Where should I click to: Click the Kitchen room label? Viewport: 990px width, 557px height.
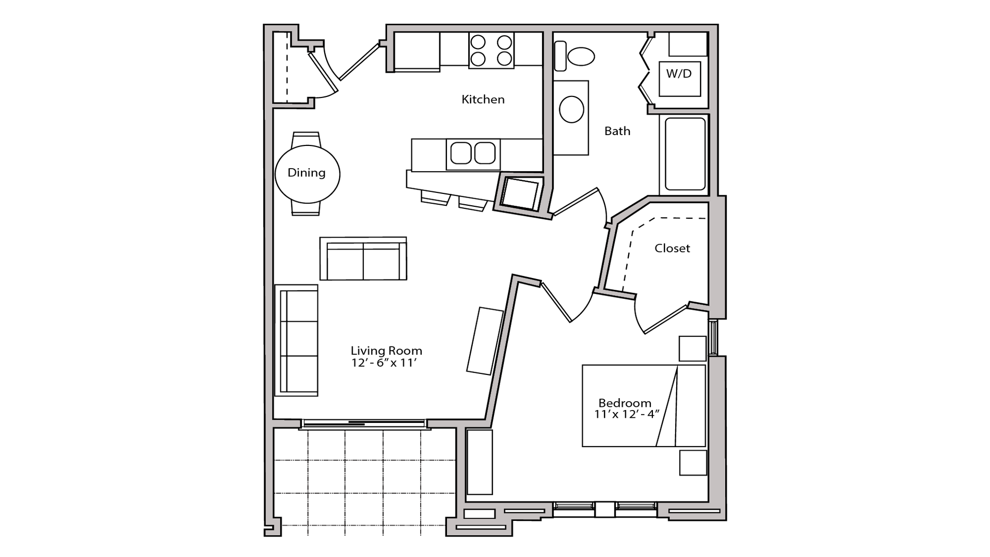click(x=483, y=99)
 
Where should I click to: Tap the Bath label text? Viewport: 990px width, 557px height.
click(x=617, y=131)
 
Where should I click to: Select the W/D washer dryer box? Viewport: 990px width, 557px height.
click(x=679, y=78)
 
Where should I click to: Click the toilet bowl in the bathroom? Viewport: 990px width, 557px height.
click(x=581, y=56)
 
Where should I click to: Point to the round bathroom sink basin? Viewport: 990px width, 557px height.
click(x=571, y=109)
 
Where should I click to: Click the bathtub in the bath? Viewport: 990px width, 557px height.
click(x=685, y=154)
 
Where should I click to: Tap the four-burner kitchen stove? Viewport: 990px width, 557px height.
click(x=491, y=50)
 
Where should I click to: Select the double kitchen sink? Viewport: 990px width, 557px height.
click(x=473, y=153)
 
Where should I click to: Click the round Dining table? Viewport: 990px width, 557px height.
click(x=307, y=174)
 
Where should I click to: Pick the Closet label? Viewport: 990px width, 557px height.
click(x=672, y=249)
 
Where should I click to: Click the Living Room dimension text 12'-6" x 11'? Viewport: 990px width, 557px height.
click(x=384, y=363)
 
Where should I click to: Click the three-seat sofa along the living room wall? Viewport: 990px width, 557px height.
click(x=296, y=340)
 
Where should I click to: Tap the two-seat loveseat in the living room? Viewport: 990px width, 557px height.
click(x=363, y=258)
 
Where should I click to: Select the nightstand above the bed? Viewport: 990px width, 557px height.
click(x=692, y=349)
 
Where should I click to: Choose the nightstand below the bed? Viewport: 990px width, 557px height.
click(x=693, y=463)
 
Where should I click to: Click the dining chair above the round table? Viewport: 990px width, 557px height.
click(x=306, y=140)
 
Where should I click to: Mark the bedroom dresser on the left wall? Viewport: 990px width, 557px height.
click(x=480, y=462)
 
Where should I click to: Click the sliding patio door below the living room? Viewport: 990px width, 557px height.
click(x=364, y=424)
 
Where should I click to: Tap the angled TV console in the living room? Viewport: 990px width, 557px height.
click(x=485, y=341)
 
